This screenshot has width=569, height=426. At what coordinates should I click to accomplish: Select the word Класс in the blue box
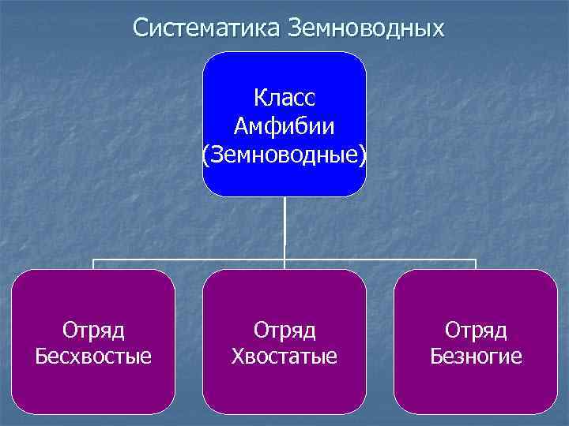pyautogui.click(x=284, y=98)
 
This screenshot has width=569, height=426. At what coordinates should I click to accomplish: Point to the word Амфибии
pyautogui.click(x=284, y=126)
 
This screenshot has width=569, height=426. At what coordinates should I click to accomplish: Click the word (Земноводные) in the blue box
pyautogui.click(x=284, y=155)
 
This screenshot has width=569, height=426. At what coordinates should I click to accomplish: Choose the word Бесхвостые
pyautogui.click(x=94, y=357)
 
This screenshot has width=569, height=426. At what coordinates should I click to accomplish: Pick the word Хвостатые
pyautogui.click(x=284, y=357)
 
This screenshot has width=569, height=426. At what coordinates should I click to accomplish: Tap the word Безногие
pyautogui.click(x=476, y=357)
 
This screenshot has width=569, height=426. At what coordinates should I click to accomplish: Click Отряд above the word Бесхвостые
pyautogui.click(x=94, y=328)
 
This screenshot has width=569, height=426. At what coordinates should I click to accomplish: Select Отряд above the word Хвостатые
pyautogui.click(x=284, y=328)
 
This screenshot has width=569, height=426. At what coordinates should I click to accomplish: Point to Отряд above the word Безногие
pyautogui.click(x=476, y=328)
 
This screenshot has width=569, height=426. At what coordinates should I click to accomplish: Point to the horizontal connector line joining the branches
pyautogui.click(x=190, y=259)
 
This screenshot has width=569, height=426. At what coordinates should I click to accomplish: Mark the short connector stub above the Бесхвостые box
pyautogui.click(x=94, y=264)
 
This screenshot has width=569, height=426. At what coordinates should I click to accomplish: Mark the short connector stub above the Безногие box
pyautogui.click(x=476, y=264)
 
